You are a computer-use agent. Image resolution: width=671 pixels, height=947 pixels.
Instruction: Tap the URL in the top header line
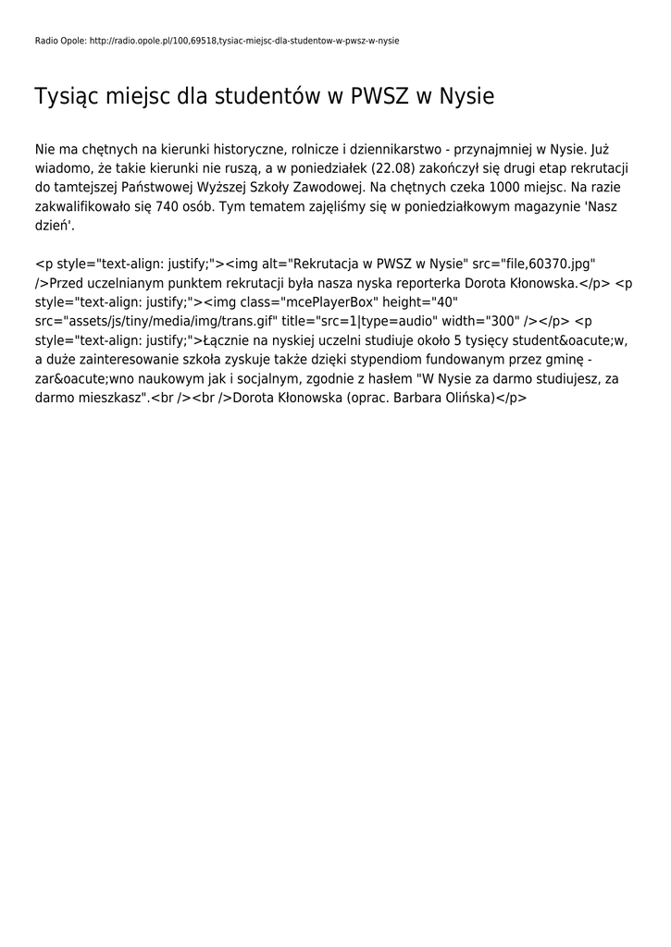click(244, 42)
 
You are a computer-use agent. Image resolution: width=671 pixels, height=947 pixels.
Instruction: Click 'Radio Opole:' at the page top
click(60, 42)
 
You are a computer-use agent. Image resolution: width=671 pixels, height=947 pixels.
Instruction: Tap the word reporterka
click(425, 283)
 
